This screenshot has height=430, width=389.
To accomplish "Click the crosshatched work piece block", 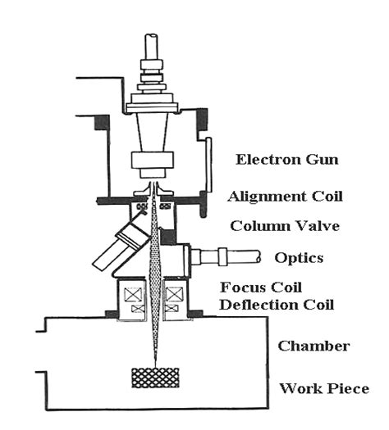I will (x=154, y=378).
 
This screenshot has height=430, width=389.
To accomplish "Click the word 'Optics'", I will (x=299, y=257).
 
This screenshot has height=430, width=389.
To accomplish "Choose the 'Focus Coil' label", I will (x=265, y=288).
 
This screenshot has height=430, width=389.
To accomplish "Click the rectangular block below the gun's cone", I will (x=153, y=162).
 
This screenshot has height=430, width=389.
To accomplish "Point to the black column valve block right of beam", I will (x=170, y=237).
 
